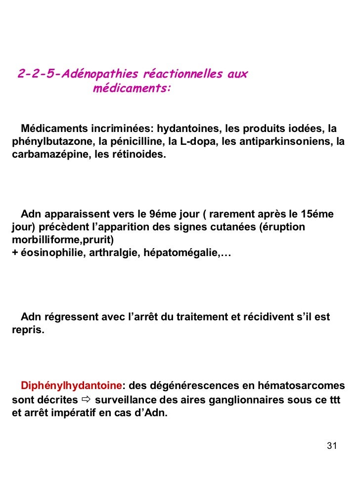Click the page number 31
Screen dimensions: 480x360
click(x=332, y=446)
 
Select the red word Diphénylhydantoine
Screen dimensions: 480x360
click(x=71, y=386)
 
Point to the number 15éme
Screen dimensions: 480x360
click(x=317, y=215)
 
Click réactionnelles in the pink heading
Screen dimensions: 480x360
click(x=182, y=75)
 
